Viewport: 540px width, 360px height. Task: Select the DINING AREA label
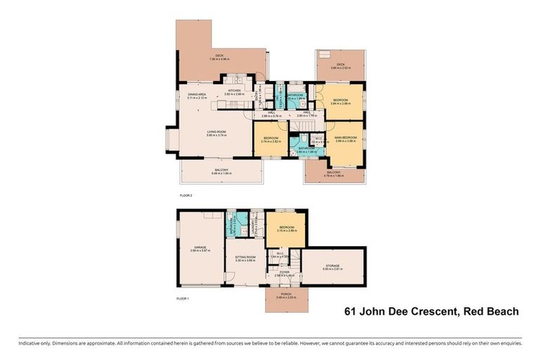coord(196,94)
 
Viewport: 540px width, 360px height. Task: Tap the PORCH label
coord(286,295)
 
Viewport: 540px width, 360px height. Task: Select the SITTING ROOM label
coord(245,257)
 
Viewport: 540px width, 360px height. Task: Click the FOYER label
coord(284,272)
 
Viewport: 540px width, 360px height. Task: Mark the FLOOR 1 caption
coord(183,299)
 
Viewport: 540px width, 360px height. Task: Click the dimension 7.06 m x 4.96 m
coord(218,59)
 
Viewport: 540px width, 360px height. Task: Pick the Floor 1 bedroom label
coord(286,227)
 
